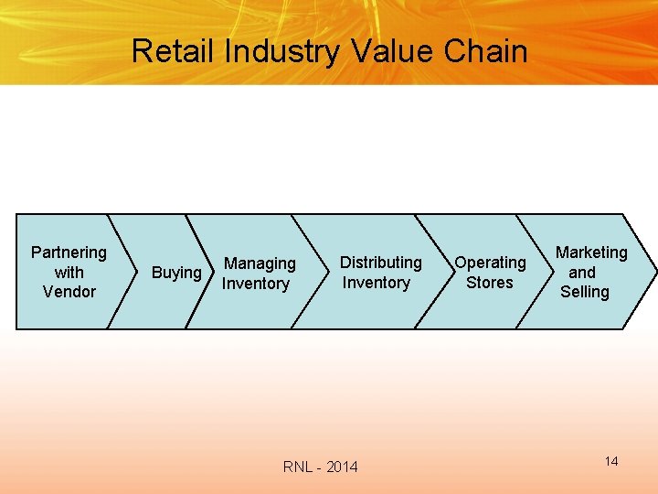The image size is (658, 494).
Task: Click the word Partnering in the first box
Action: pos(69,252)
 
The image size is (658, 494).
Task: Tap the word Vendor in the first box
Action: pos(69,292)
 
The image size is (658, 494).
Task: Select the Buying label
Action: pos(176,273)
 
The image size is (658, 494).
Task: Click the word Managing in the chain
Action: pos(260,263)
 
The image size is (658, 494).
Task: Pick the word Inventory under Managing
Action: pos(255,284)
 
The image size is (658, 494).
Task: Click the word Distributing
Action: pos(381,263)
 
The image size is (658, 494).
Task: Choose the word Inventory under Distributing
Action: pos(376,283)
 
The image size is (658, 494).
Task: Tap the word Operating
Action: pos(491,263)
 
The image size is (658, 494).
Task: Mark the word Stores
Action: pos(490,283)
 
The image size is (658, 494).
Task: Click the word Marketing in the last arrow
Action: pos(591,252)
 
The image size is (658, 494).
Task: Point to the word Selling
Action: pos(585,292)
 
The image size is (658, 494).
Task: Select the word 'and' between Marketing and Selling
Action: pos(582,273)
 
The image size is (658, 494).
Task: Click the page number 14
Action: pos(611,461)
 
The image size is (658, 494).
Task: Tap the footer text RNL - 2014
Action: pos(321,467)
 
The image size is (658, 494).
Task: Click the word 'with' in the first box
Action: pos(69,273)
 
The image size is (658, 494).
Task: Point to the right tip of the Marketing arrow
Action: pos(653,272)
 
